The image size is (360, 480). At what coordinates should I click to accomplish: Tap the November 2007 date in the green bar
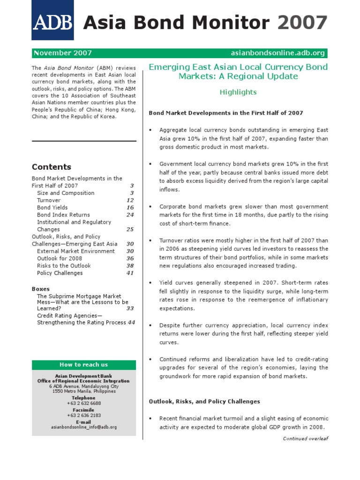(63, 53)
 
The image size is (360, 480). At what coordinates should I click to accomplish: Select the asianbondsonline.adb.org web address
(278, 53)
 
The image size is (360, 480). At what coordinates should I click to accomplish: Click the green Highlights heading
(238, 92)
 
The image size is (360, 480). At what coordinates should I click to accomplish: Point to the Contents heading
(52, 167)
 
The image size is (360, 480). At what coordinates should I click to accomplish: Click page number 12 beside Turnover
(130, 200)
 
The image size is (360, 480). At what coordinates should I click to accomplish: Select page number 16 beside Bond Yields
(130, 208)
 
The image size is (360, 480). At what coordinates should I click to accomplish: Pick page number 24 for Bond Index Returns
(130, 215)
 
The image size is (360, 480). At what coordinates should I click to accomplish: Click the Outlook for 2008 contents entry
(60, 258)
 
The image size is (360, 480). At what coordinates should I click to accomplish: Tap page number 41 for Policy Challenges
(130, 273)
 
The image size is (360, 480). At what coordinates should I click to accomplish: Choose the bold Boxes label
(40, 289)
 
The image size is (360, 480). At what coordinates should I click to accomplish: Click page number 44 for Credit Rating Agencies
(131, 322)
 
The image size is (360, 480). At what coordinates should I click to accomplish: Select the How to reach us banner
(84, 365)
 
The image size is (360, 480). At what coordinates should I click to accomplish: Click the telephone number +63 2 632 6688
(84, 403)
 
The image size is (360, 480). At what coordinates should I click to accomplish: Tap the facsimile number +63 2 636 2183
(84, 415)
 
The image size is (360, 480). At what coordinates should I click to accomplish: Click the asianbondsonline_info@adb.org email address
(84, 427)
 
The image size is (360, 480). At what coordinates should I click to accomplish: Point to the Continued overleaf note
(306, 439)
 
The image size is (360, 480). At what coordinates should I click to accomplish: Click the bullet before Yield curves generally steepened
(150, 283)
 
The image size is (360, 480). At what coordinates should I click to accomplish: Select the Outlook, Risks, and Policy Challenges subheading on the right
(204, 402)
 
